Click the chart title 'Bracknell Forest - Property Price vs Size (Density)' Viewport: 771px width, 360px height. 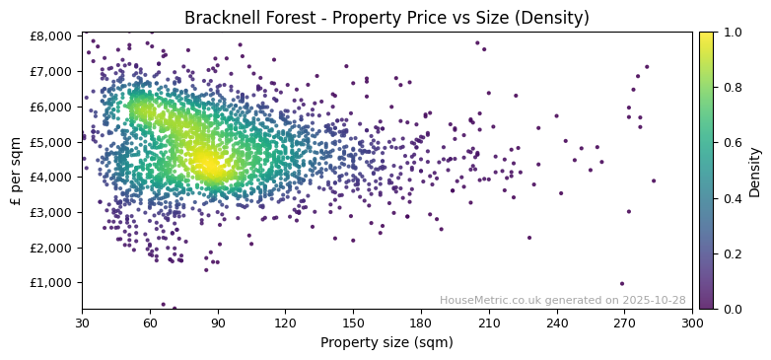(x=386, y=18)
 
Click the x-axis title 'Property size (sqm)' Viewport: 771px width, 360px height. (x=386, y=343)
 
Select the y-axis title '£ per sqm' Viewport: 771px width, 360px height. (x=16, y=170)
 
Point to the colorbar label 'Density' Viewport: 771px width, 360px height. (x=754, y=170)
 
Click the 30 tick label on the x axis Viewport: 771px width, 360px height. (x=82, y=323)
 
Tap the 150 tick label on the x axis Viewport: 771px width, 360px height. (x=353, y=323)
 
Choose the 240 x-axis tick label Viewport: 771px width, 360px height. (x=556, y=323)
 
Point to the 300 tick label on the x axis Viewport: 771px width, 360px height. (x=692, y=323)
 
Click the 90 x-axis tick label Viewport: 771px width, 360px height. (x=218, y=323)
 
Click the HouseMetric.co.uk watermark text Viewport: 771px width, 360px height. (x=562, y=301)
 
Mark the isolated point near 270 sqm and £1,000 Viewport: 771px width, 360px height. (x=622, y=284)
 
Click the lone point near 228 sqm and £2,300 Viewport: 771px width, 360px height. (x=529, y=238)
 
